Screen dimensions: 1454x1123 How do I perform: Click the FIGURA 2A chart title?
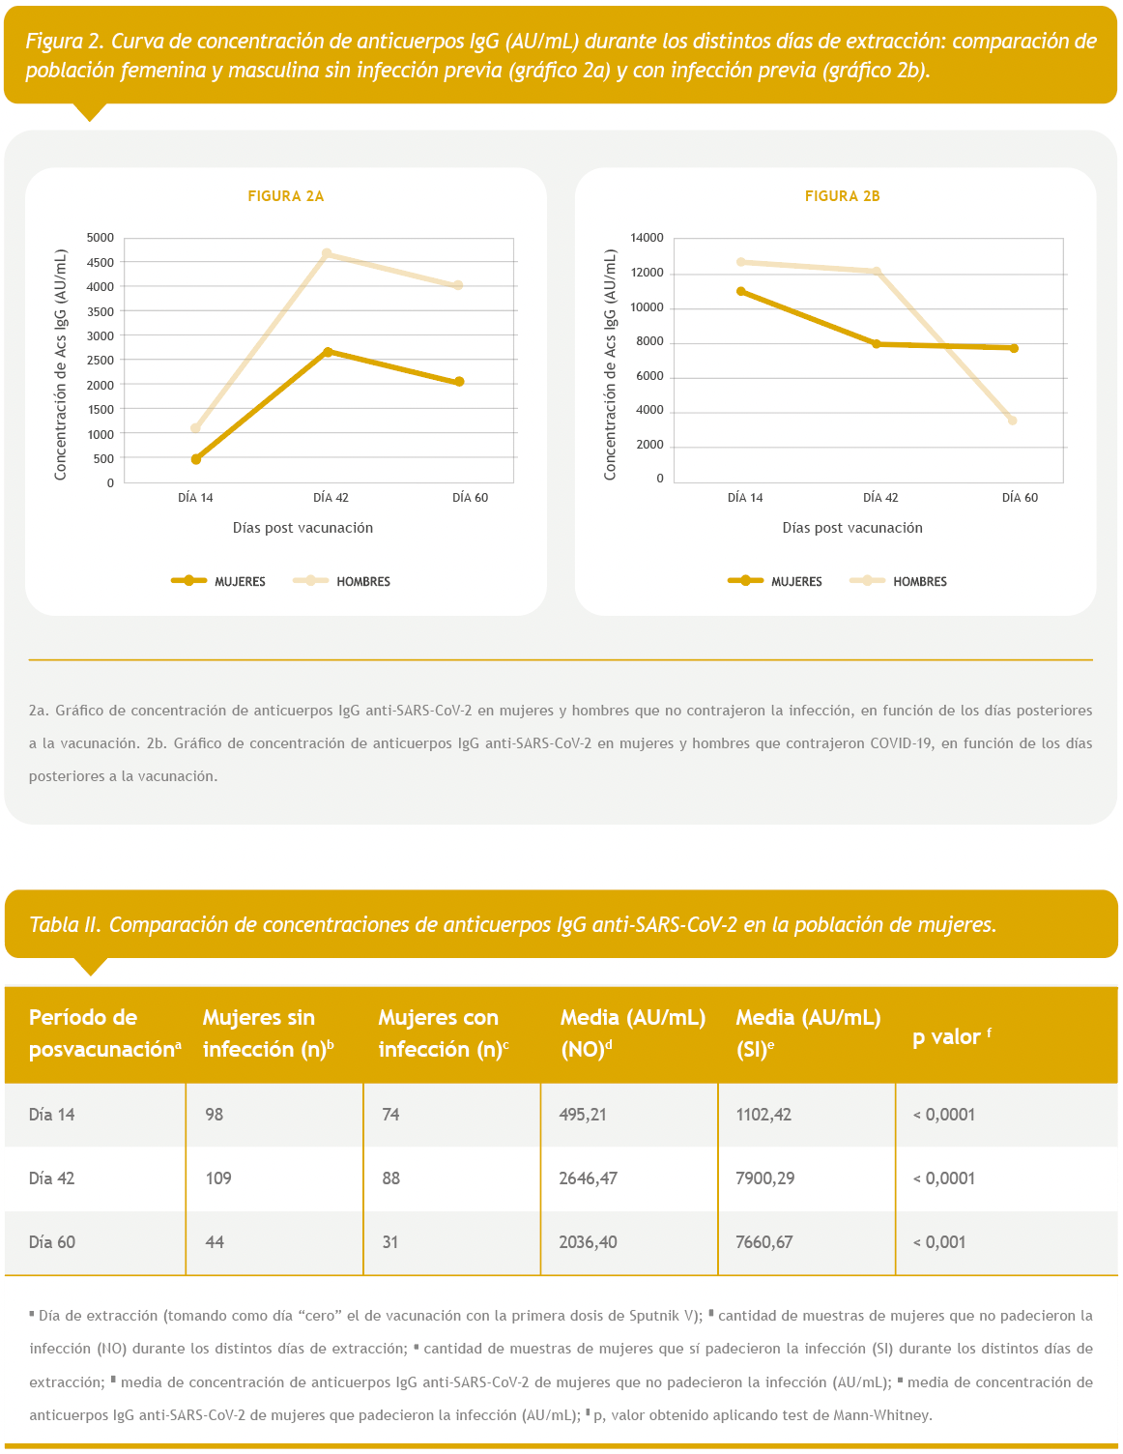tap(286, 196)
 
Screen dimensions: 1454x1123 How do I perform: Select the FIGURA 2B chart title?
tap(842, 196)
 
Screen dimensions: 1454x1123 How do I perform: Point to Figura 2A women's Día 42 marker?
tap(328, 352)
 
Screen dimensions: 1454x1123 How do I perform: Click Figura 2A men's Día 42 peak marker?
tap(327, 254)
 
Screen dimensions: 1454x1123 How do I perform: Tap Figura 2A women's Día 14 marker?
tap(196, 459)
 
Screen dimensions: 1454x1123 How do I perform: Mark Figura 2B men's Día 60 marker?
tap(1012, 421)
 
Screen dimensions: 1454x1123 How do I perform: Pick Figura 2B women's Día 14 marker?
tap(741, 291)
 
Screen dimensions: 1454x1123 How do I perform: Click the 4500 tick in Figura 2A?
tap(101, 262)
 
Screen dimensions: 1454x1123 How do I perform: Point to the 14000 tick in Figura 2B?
tap(647, 238)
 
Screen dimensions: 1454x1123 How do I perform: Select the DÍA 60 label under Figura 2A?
tap(470, 498)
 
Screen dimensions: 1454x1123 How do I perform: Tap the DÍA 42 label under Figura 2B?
tap(880, 498)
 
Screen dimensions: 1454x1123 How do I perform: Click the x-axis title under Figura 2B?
tap(852, 528)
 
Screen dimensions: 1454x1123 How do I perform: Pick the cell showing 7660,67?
tap(764, 1242)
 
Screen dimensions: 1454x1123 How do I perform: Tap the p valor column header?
tap(950, 1036)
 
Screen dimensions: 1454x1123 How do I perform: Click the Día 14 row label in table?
tap(52, 1115)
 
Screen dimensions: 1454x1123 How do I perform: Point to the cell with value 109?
tap(218, 1178)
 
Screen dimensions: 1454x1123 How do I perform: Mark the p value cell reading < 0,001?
tap(939, 1242)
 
